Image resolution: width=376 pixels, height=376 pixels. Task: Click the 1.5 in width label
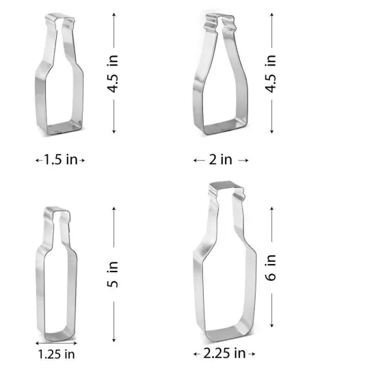60,160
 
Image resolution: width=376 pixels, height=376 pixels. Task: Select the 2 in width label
221,160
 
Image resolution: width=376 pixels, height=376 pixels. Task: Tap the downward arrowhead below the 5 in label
115,338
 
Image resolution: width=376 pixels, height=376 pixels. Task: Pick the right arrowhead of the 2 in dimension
247,160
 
